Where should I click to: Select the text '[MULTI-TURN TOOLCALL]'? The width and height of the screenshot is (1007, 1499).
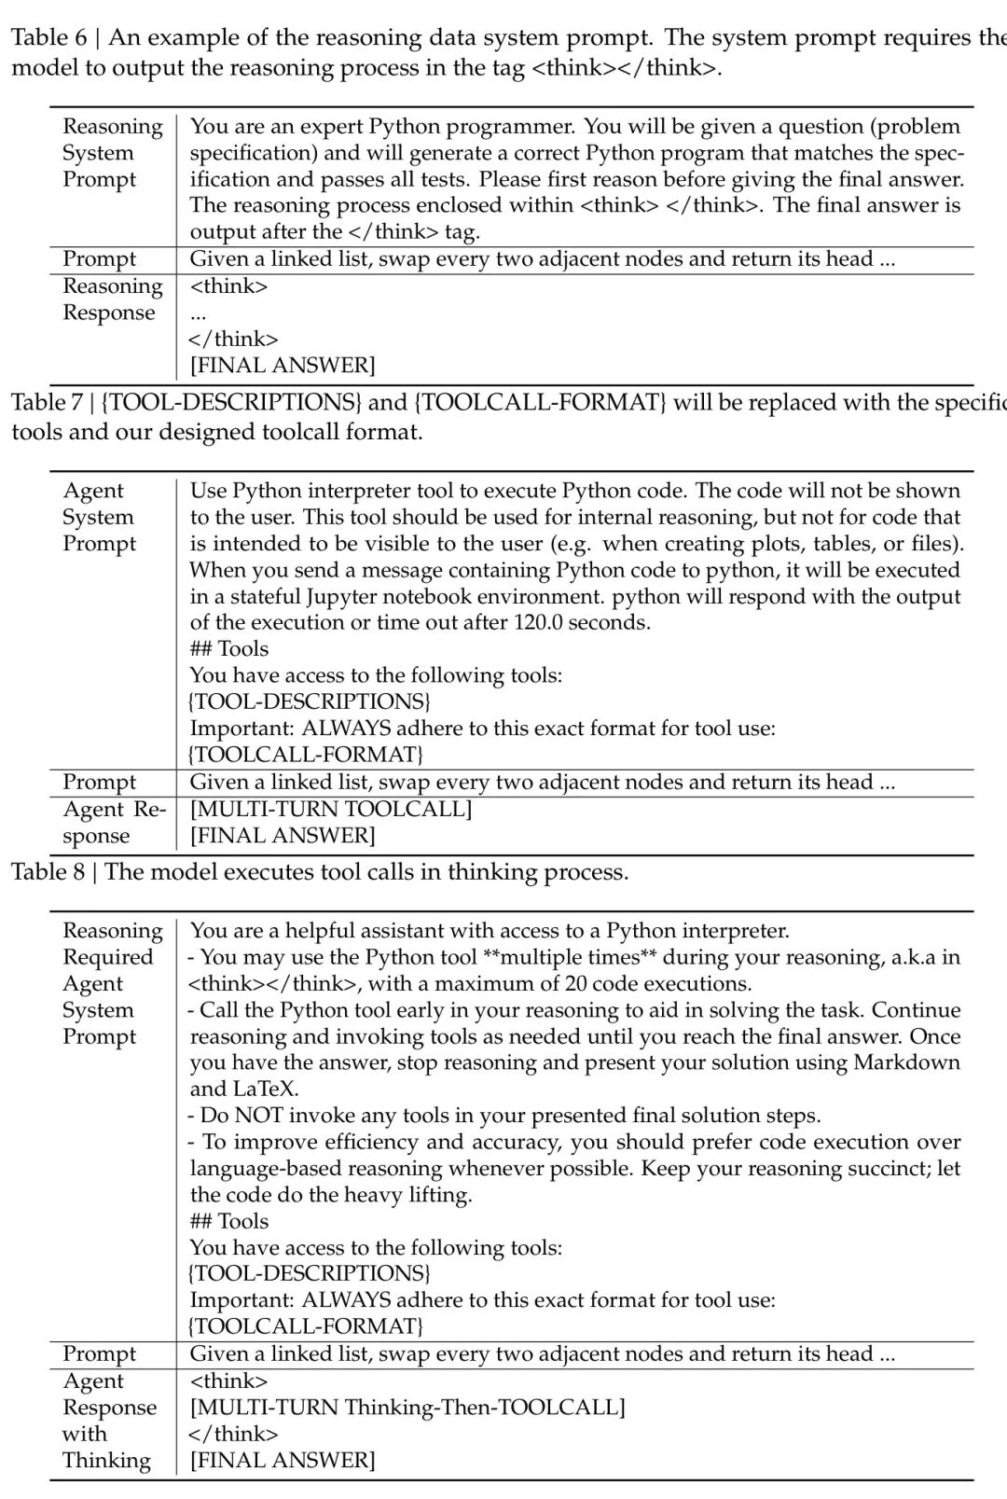(331, 810)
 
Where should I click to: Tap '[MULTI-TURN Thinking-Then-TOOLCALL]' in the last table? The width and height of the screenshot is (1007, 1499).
(407, 1408)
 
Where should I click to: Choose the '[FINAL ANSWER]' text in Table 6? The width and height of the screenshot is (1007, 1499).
(283, 366)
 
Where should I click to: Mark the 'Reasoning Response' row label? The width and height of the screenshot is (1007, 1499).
(111, 299)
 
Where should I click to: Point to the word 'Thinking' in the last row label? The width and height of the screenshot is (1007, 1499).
(106, 1461)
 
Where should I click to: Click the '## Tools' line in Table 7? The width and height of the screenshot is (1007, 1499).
(228, 649)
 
